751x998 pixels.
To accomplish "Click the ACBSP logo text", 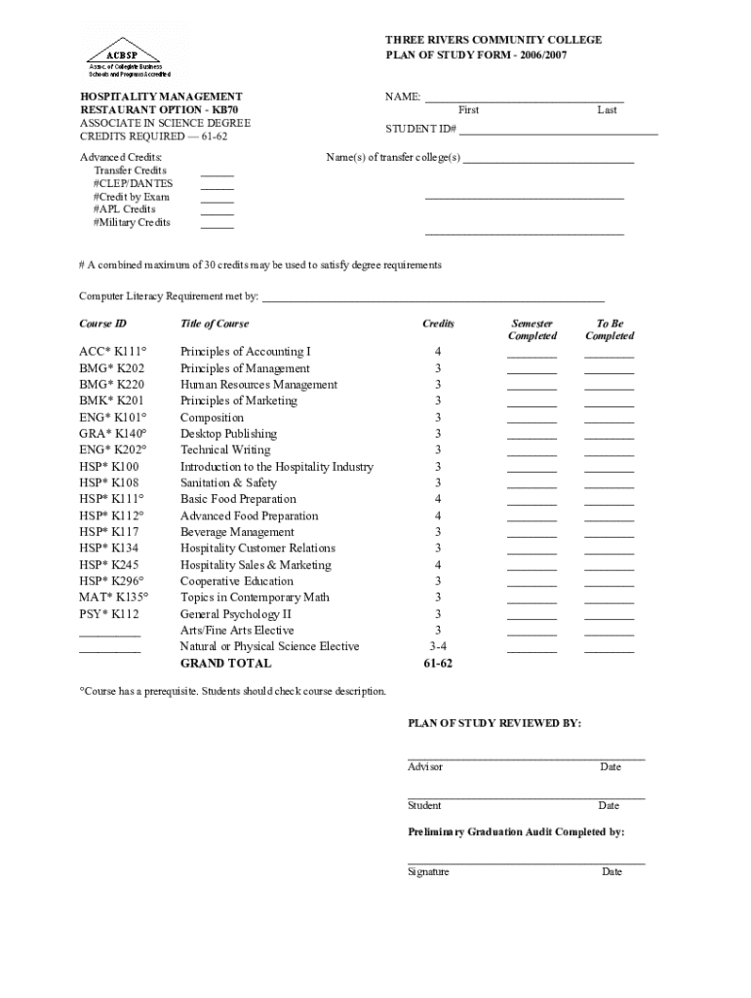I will (x=114, y=55).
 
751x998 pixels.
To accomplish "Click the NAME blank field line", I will (x=524, y=101).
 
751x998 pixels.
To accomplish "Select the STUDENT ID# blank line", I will (x=559, y=133).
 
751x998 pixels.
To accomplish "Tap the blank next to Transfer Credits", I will (x=217, y=174).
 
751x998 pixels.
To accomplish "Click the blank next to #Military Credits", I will (x=217, y=226).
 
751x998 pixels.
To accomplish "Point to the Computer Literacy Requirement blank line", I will (x=433, y=301).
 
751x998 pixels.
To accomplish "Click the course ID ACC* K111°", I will (x=112, y=351).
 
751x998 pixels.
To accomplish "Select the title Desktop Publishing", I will (x=228, y=434).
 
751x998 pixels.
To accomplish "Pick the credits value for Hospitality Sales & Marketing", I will (x=438, y=565).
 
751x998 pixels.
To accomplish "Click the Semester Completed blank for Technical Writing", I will (x=532, y=454).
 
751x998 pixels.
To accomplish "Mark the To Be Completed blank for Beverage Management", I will (x=609, y=536).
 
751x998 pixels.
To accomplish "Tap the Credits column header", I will (x=438, y=324).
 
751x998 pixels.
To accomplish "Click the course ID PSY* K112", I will (x=109, y=614).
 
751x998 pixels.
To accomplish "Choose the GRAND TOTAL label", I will (x=226, y=664).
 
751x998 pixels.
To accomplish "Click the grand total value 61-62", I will (x=438, y=664).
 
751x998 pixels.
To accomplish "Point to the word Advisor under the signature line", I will (x=425, y=767).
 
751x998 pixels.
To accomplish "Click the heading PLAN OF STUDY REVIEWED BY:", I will (x=494, y=723).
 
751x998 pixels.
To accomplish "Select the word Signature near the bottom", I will (x=428, y=872).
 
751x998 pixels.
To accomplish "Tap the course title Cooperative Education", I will (x=237, y=582).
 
